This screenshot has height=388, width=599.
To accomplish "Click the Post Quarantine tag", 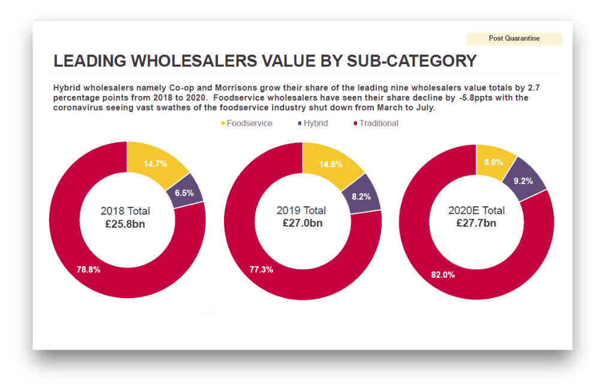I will [514, 38].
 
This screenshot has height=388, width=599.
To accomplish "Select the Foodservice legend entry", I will [249, 124].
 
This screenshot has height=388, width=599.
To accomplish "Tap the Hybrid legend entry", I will [315, 124].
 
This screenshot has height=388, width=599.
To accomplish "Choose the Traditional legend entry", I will [379, 124].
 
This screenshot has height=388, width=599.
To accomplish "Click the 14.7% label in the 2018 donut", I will [156, 163].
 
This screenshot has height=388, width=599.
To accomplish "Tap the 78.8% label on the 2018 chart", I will [89, 270].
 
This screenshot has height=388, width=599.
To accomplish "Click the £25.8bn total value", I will [125, 224].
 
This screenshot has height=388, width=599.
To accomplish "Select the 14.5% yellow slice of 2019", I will [331, 164].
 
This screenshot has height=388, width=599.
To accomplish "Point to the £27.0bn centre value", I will [302, 223].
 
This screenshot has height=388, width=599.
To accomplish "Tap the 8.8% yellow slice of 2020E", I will [494, 162].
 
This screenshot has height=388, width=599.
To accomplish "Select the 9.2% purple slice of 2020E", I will [523, 181].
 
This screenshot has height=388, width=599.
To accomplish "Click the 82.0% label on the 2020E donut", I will [443, 275].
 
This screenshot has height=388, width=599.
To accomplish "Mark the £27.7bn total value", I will [476, 223].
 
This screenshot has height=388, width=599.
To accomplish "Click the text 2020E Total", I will [476, 210].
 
